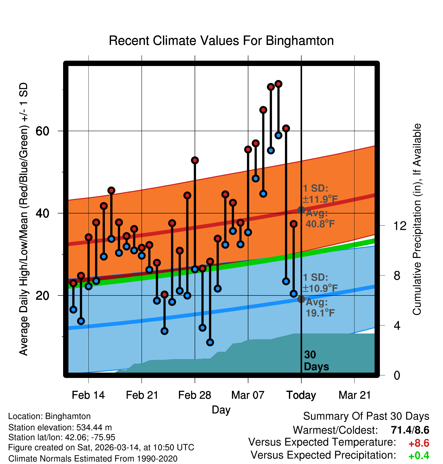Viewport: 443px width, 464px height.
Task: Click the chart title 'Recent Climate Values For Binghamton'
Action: [x=221, y=41]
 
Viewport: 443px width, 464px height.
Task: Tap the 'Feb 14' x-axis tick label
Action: [x=88, y=395]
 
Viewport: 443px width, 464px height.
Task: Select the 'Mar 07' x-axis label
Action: [x=248, y=395]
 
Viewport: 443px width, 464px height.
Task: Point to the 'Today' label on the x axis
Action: [x=301, y=395]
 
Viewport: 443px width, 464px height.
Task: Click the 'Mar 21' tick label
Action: [x=355, y=395]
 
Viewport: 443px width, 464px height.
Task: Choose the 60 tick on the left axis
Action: [x=42, y=131]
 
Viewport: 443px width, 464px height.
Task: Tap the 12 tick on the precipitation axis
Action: [x=400, y=226]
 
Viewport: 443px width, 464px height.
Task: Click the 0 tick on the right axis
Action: [x=397, y=375]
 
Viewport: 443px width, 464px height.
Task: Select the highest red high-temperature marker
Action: [x=279, y=84]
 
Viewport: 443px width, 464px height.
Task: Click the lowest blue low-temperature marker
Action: [x=210, y=342]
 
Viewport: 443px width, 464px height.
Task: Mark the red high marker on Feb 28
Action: [x=195, y=160]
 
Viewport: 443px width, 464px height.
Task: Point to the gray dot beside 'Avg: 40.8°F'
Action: [x=301, y=210]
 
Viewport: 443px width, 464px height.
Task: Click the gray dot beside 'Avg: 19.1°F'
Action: [x=301, y=299]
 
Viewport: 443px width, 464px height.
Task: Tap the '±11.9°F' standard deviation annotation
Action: [x=320, y=199]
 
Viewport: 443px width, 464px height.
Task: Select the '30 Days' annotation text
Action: [x=316, y=361]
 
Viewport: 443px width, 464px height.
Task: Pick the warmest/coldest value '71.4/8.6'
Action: [x=410, y=430]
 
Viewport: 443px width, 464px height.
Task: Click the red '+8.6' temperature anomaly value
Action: [x=419, y=443]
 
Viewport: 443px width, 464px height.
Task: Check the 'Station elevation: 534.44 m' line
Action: [x=60, y=427]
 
